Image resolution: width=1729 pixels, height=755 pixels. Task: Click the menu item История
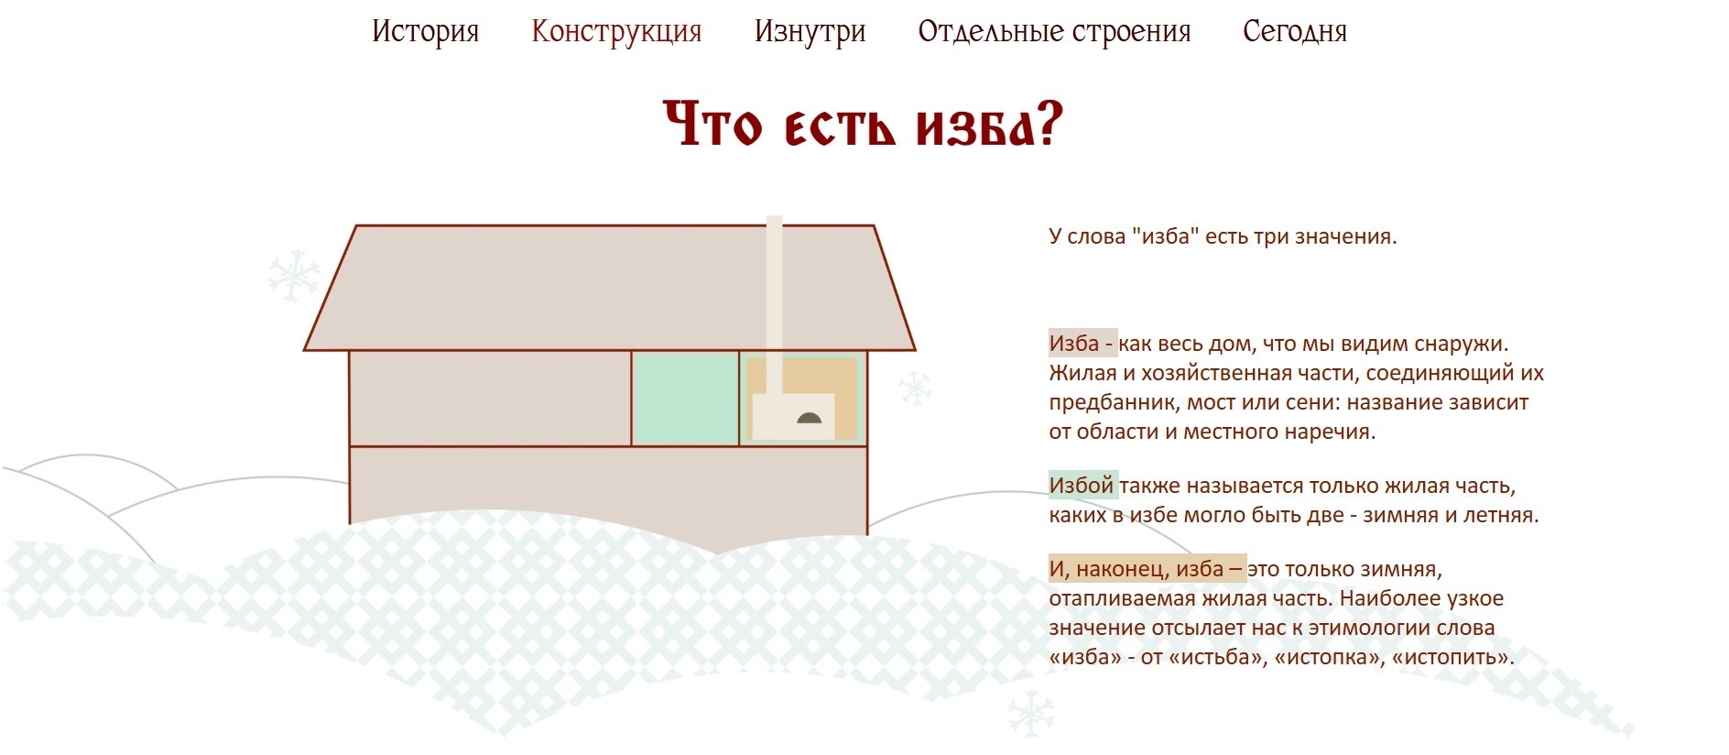pos(425,31)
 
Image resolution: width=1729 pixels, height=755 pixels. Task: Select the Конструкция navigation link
pos(616,31)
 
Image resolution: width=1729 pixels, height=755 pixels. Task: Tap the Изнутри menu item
pos(810,31)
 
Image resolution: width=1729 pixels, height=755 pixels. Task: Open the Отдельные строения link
pos(1054,31)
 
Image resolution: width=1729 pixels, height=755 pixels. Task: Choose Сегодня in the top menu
pos(1295,31)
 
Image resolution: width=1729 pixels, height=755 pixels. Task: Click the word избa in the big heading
pos(990,126)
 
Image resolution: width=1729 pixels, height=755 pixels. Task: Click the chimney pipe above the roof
pos(774,275)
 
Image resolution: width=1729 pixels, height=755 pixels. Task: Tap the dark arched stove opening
pos(810,419)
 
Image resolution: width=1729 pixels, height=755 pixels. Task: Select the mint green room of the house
pos(685,399)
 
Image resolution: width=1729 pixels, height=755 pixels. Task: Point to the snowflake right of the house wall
pos(915,388)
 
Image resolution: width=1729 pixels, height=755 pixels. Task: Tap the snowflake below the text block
pos(1030,714)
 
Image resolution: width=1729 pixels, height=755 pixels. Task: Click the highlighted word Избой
pos(1082,486)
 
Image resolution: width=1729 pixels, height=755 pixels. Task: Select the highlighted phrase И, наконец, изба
pos(1147,569)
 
